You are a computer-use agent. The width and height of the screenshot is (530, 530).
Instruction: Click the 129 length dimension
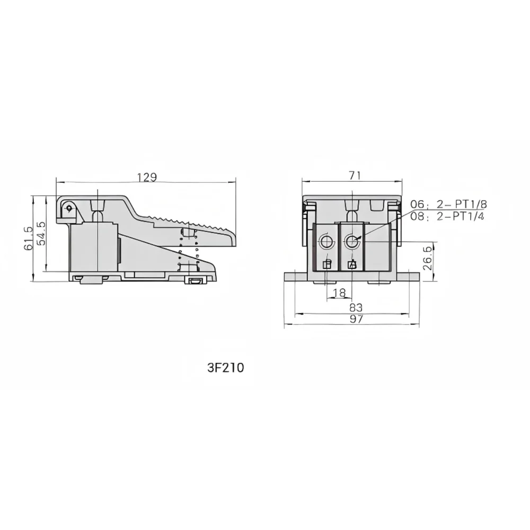click(x=147, y=177)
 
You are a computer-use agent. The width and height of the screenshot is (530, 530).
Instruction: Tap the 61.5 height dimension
click(x=29, y=238)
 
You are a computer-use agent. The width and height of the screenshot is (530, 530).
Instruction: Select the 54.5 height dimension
click(x=41, y=233)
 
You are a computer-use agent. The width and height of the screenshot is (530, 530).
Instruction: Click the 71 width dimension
click(x=355, y=175)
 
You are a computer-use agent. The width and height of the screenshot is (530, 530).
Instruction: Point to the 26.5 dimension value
click(x=428, y=258)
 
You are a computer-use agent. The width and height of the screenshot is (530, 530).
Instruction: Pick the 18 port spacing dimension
click(x=339, y=293)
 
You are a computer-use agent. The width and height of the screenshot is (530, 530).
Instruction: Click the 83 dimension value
click(x=356, y=307)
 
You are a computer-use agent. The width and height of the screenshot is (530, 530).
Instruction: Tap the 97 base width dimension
click(x=356, y=319)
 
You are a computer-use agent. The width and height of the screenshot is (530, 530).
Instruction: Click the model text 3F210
click(x=225, y=368)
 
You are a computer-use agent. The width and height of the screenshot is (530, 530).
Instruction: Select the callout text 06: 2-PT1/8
click(x=448, y=204)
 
